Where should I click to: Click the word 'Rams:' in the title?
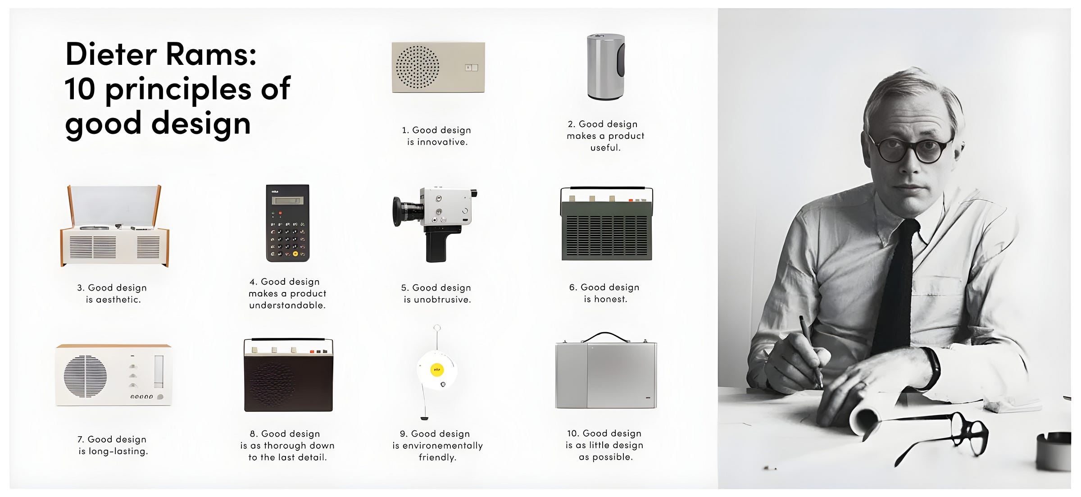[211, 54]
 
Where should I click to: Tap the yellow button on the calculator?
[295, 254]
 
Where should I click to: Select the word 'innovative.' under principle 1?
[442, 142]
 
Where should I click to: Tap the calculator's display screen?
[287, 201]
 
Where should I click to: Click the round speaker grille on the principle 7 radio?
[85, 376]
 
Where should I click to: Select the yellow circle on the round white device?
[436, 370]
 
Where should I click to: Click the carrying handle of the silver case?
[605, 337]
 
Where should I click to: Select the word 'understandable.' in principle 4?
[287, 305]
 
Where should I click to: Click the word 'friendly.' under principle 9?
[437, 457]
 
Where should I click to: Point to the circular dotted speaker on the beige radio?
[417, 67]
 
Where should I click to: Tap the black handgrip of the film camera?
[436, 246]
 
